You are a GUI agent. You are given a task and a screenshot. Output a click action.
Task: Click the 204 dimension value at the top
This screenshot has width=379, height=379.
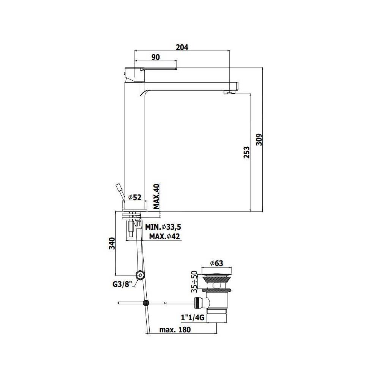click(182, 47)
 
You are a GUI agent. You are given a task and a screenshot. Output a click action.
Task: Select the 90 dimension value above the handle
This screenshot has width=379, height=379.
click(155, 57)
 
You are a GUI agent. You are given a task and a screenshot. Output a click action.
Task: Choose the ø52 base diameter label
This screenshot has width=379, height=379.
click(135, 197)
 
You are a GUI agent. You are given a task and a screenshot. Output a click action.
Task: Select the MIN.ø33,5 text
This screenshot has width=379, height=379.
click(163, 227)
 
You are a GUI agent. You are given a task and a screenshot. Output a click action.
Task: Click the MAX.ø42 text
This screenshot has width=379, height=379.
click(164, 236)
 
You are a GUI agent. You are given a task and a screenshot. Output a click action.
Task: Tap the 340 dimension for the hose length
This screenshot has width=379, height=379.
click(111, 243)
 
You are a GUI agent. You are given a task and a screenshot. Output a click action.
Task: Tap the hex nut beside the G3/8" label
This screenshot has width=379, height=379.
click(140, 275)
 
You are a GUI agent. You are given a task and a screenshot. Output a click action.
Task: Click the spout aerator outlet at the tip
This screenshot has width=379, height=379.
click(230, 92)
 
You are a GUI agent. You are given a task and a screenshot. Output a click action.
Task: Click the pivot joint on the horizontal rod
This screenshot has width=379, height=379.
click(146, 303)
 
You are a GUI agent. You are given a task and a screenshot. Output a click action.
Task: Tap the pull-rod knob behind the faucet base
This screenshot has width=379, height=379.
click(119, 188)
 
